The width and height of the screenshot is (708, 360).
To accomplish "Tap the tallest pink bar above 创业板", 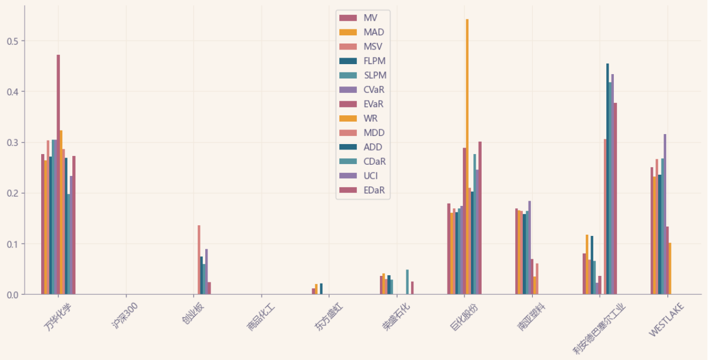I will (x=199, y=259).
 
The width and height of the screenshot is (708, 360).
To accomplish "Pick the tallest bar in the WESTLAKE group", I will (x=665, y=214).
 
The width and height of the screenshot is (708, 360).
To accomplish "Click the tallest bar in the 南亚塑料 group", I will (x=529, y=247).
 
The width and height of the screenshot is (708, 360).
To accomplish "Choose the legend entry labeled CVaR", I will (x=374, y=89).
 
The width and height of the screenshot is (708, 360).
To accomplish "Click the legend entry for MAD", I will (x=373, y=32).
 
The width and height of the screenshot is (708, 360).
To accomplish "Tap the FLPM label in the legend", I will (x=375, y=61).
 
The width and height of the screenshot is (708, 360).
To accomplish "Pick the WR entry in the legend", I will (x=370, y=118).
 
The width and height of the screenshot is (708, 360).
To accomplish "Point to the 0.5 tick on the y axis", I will (x=12, y=41).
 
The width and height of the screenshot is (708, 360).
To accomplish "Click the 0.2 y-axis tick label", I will (x=12, y=193).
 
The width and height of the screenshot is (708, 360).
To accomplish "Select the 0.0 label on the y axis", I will (x=12, y=294).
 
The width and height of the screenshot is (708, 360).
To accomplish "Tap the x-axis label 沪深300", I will (x=124, y=315).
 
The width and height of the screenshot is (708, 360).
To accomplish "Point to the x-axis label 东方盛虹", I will (x=327, y=316).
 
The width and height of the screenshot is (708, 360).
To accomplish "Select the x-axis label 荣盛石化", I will (x=395, y=316).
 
